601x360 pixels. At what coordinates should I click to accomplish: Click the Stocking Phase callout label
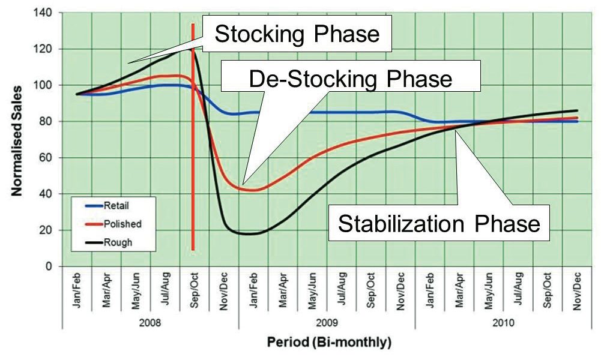tap(297, 34)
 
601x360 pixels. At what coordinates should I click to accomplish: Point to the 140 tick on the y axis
tap(46, 13)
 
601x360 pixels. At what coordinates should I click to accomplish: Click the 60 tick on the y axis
tap(48, 158)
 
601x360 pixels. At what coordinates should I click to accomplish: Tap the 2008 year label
tap(150, 321)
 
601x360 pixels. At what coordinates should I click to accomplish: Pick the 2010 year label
tap(503, 321)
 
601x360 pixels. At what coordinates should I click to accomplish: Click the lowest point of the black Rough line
tap(248, 233)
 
